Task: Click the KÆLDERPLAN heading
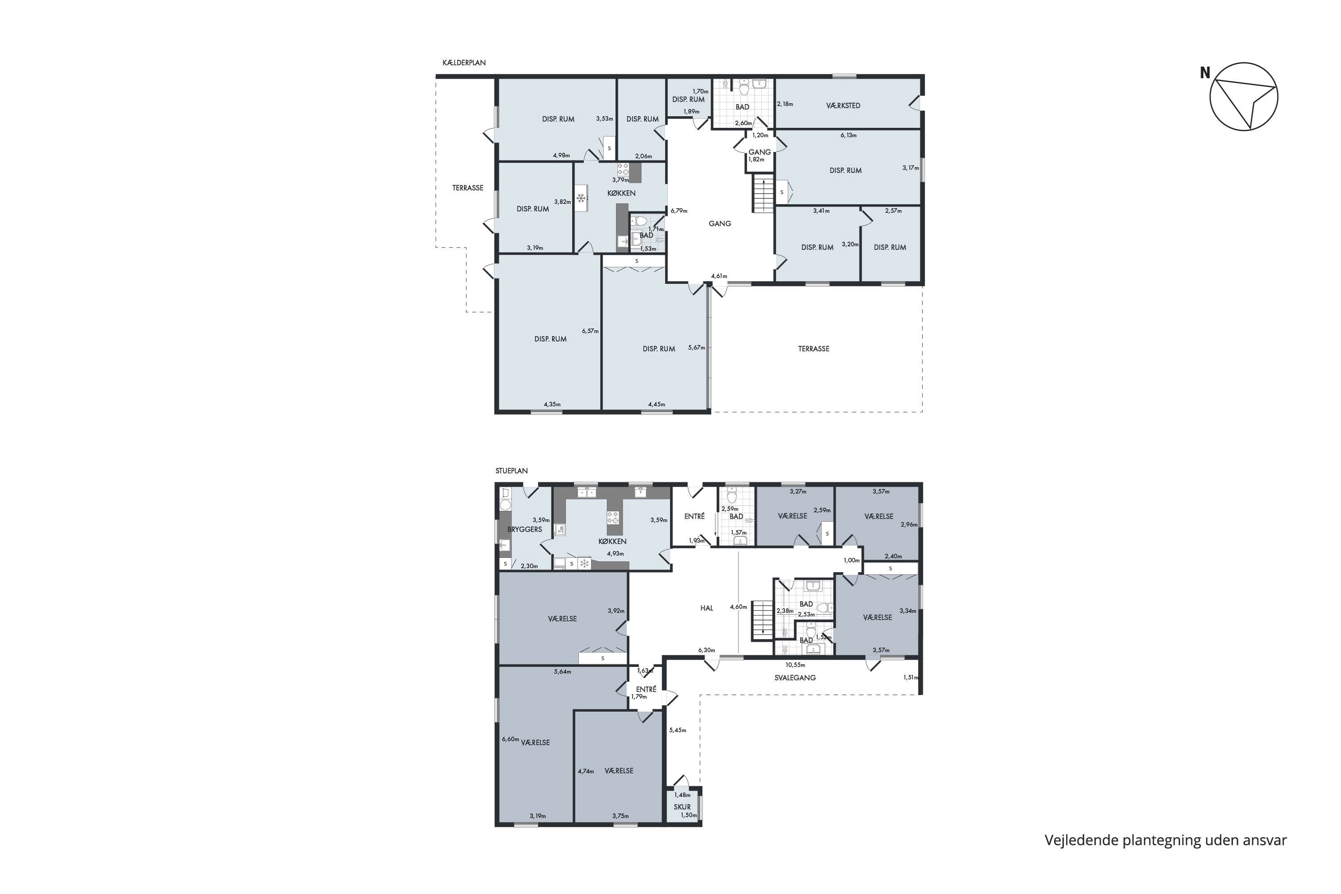tap(464, 63)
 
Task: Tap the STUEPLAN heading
tap(511, 471)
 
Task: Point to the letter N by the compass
tap(1205, 73)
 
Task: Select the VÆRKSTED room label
tap(843, 105)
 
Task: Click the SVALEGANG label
tap(795, 678)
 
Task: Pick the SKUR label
tap(682, 807)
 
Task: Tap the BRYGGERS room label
tap(524, 529)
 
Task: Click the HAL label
tap(706, 608)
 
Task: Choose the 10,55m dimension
tap(795, 665)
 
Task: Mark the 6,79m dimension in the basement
tap(679, 211)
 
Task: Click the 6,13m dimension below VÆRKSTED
tap(848, 135)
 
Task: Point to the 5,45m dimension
tap(677, 730)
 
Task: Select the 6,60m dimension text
tap(510, 739)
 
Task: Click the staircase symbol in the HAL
tap(761, 620)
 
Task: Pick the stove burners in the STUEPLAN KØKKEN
tap(613, 517)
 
